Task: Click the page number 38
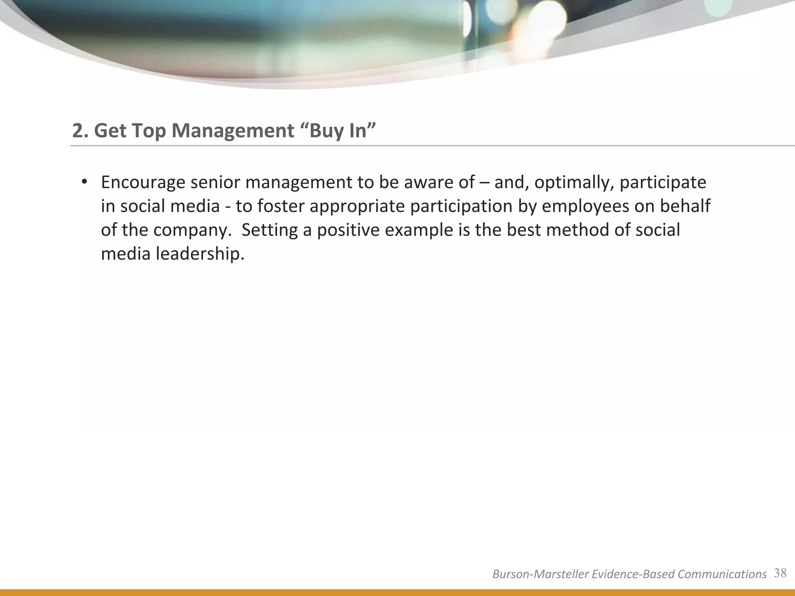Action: tap(780, 573)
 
